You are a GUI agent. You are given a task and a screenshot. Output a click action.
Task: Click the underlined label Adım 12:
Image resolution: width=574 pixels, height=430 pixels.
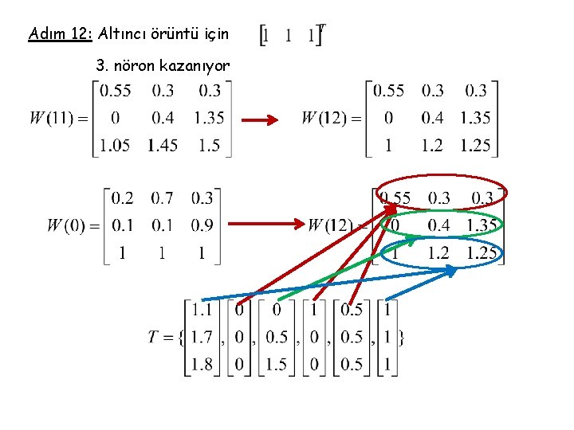tap(61, 34)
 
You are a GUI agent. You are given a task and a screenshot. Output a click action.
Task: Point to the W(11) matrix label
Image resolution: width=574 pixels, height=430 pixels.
tap(57, 119)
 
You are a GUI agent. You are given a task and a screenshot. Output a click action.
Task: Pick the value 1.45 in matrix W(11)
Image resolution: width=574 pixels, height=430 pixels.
tap(162, 145)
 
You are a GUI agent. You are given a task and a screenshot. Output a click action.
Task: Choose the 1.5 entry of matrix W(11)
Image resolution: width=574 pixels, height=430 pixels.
tap(208, 145)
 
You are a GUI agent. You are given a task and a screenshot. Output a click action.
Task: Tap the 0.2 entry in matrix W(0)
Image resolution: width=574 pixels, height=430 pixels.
tap(122, 198)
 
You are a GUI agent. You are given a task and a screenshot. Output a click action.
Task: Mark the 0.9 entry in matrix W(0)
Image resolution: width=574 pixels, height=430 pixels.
tap(202, 225)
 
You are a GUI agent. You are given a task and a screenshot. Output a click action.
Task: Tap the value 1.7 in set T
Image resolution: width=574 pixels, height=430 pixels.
tap(202, 337)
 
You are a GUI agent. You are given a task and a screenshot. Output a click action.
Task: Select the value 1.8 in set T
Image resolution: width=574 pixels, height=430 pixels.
tap(202, 364)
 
